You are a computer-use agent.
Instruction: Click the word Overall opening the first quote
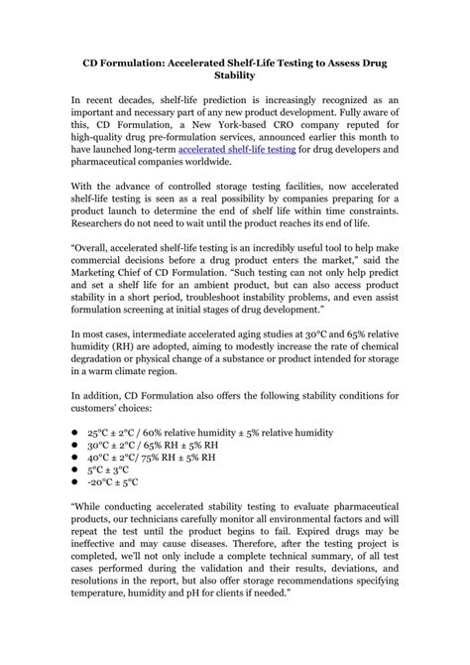(x=98, y=262)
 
